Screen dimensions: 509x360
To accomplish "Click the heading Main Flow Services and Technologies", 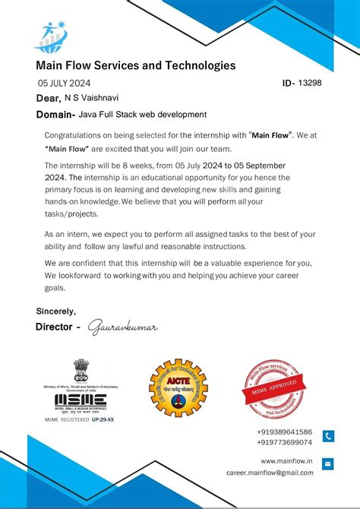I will pos(135,65).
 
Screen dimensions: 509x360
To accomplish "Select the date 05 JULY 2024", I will pos(65,83).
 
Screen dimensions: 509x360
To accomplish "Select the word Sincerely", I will pos(56,311).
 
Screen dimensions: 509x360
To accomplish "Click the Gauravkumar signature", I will pos(122,327).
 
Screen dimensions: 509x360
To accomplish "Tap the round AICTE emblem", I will pos(178,388).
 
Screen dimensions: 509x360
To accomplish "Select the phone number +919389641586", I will pos(284,432).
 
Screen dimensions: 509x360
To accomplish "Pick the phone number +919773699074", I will pos(284,441).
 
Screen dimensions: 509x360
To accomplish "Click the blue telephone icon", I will pos(328,436).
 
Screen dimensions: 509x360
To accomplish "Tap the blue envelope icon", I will pos(328,464).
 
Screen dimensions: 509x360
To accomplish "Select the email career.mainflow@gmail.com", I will pos(270,472).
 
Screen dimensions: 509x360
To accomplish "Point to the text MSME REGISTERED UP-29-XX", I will pos(79,419).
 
